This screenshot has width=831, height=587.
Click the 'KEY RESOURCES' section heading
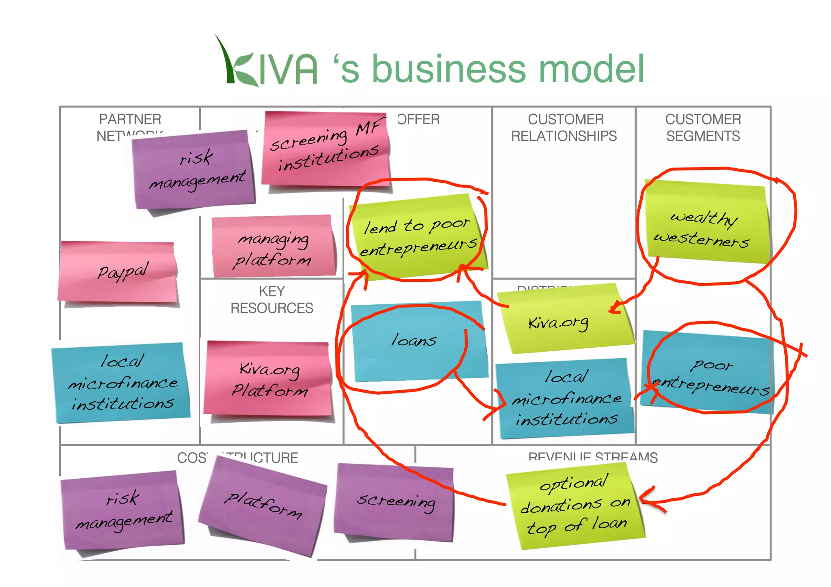[272, 300]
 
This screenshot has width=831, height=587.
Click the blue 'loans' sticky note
[418, 341]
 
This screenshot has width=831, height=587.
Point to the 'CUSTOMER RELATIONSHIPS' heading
[564, 128]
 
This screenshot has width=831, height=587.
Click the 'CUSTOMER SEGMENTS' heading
[703, 128]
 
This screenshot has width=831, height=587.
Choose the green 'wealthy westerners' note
[705, 225]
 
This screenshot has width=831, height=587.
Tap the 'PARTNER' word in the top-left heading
[130, 119]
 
